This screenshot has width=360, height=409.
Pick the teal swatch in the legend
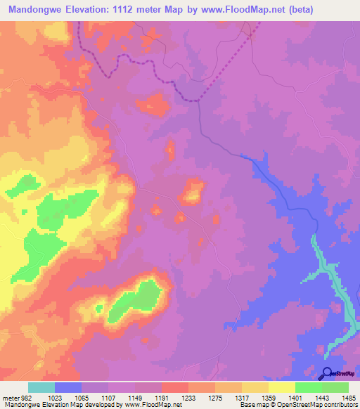pyautogui.click(x=41, y=387)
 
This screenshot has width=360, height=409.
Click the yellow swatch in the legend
pyautogui.click(x=282, y=387)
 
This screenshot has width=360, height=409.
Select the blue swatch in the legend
pyautogui.click(x=68, y=387)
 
